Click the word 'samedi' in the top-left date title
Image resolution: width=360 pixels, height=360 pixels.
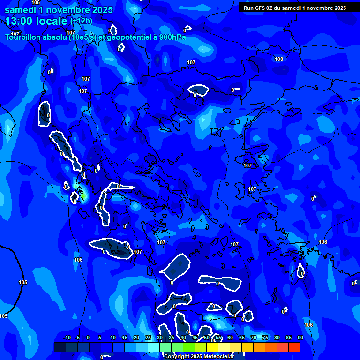pyautogui.click(x=21, y=10)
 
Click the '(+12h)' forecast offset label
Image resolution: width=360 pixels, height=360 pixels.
pyautogui.click(x=81, y=21)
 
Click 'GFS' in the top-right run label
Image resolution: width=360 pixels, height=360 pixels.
pyautogui.click(x=261, y=8)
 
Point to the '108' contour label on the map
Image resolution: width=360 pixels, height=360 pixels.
pyautogui.click(x=279, y=59)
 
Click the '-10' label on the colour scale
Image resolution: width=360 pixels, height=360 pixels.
pyautogui.click(x=67, y=338)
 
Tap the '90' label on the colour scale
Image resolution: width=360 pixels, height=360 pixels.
pyautogui.click(x=300, y=338)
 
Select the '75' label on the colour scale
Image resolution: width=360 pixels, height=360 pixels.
pyautogui.click(x=265, y=338)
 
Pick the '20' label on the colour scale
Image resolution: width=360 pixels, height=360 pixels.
pyautogui.click(x=136, y=338)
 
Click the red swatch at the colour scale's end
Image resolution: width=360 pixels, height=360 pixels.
pyautogui.click(x=294, y=347)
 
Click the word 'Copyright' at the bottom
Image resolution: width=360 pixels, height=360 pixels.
pyautogui.click(x=177, y=357)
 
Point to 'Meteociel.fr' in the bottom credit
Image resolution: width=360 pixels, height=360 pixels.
pyautogui.click(x=218, y=357)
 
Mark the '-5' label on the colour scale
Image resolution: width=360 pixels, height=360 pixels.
pyautogui.click(x=78, y=338)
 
